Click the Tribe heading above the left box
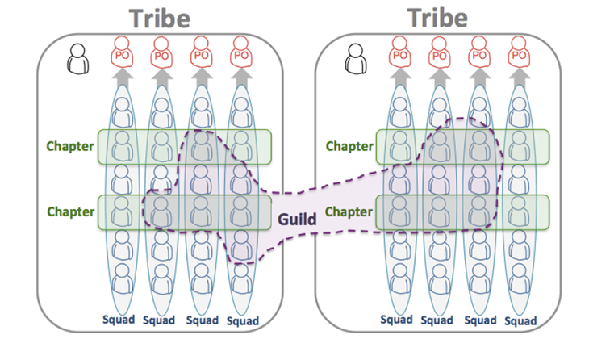160,19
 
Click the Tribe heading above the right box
437,18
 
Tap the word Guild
297,219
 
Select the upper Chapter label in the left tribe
70,146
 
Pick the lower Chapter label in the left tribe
71,211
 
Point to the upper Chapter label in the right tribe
349,146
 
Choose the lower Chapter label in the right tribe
349,211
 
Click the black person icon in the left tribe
77,59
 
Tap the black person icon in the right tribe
355,59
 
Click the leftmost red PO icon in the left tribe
122,52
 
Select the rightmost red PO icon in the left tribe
240,52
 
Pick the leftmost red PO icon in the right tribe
399,52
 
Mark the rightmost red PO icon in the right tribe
519,52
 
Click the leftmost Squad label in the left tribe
119,320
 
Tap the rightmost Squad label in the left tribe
243,321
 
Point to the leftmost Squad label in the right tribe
396,320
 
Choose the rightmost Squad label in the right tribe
520,321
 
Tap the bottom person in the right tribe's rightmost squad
519,278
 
